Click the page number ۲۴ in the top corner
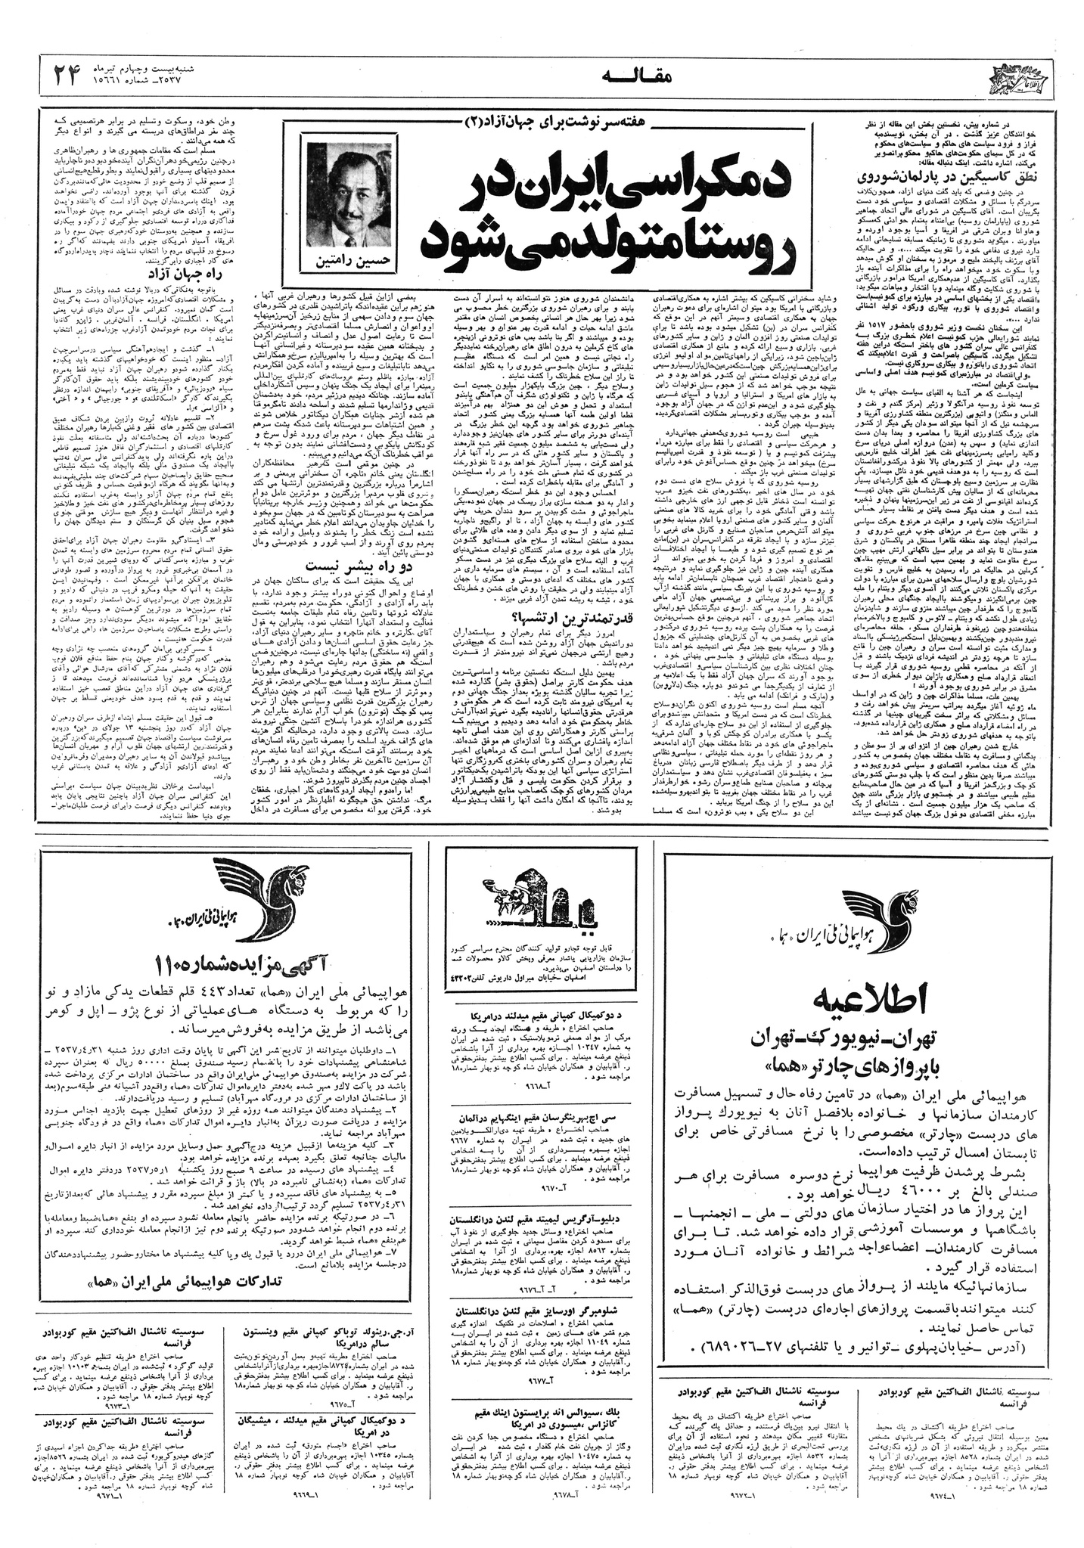point(70,74)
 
